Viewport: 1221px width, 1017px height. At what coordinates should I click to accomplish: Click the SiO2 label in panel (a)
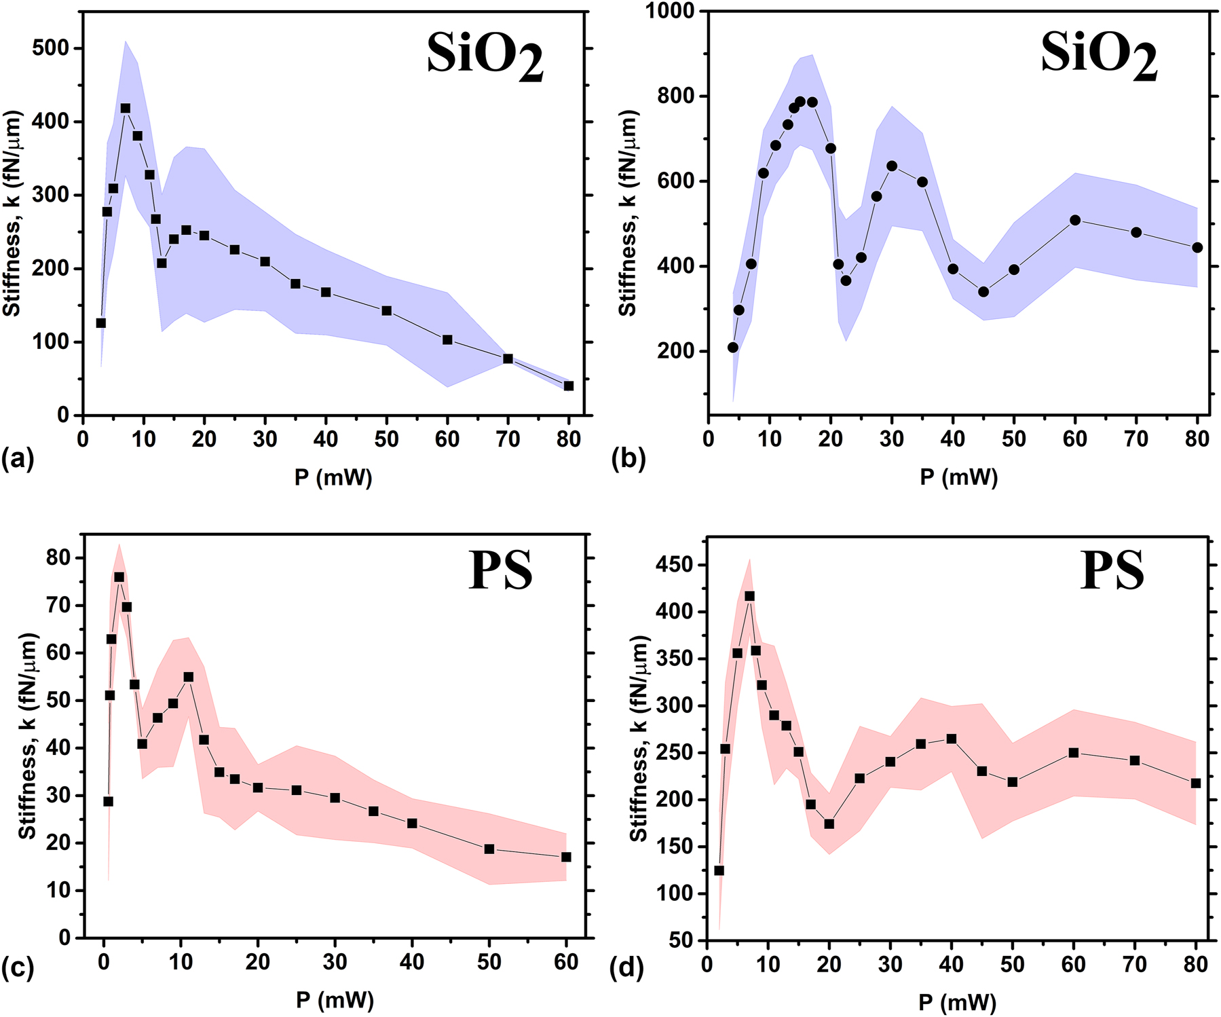click(x=485, y=58)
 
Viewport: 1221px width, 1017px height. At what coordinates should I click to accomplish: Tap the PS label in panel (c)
click(x=500, y=570)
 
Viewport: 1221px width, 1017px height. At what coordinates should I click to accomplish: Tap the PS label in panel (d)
click(x=1112, y=570)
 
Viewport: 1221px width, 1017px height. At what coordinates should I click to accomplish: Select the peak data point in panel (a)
click(x=126, y=109)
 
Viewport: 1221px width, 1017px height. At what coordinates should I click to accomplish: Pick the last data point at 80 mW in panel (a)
click(x=569, y=386)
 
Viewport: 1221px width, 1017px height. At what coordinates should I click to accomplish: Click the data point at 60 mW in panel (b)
click(x=1075, y=220)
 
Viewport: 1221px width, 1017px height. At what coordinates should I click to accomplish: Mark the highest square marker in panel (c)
click(x=119, y=577)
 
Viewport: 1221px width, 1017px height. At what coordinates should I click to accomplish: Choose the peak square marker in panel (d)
click(x=749, y=596)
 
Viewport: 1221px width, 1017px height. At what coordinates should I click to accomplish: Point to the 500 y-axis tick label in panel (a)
click(x=50, y=48)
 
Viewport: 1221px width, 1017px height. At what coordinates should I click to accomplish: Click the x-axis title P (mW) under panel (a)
click(x=333, y=478)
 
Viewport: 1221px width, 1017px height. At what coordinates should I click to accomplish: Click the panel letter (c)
click(x=18, y=968)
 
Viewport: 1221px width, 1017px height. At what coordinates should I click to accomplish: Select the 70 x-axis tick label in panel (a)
click(x=508, y=439)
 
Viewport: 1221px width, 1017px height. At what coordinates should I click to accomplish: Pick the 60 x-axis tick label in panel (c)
click(x=566, y=961)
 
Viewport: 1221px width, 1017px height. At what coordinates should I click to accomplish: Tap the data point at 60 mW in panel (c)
click(x=566, y=857)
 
